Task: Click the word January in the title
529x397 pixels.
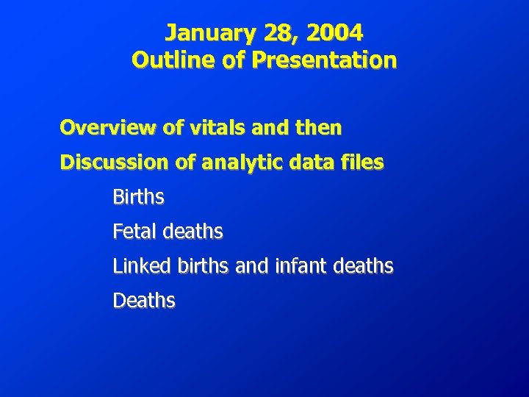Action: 200,33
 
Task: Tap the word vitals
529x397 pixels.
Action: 209,128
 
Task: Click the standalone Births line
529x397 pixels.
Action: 138,197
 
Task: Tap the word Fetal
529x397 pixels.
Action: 134,232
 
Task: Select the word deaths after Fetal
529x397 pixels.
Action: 192,232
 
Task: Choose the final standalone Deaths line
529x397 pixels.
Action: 144,301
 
